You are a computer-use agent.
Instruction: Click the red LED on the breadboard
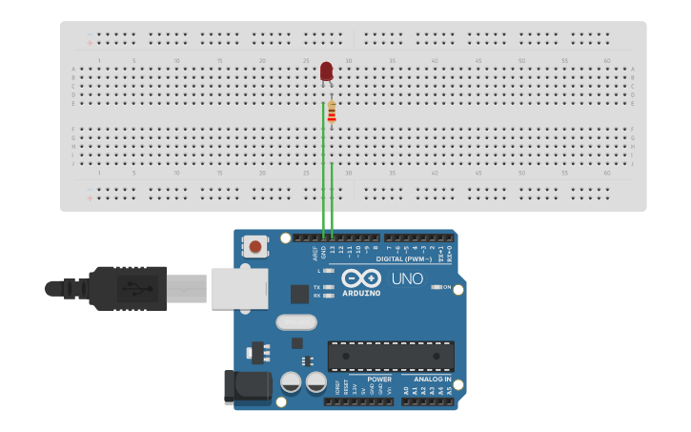326,72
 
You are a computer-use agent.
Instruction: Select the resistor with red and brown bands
332,112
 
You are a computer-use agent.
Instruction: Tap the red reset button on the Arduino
255,247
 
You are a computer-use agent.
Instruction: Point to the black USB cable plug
124,287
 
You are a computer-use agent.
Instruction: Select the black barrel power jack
246,386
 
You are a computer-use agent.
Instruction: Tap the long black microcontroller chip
391,356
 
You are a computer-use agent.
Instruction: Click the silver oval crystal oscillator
296,322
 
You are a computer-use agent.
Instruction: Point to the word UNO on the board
407,278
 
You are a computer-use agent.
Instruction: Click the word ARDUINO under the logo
361,293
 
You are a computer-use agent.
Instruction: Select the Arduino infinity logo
361,278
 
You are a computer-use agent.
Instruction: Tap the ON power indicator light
436,286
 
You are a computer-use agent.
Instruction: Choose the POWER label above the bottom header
378,379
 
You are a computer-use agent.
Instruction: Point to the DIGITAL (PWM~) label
404,258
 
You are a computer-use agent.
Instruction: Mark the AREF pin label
315,254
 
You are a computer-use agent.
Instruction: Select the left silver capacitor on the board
292,383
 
